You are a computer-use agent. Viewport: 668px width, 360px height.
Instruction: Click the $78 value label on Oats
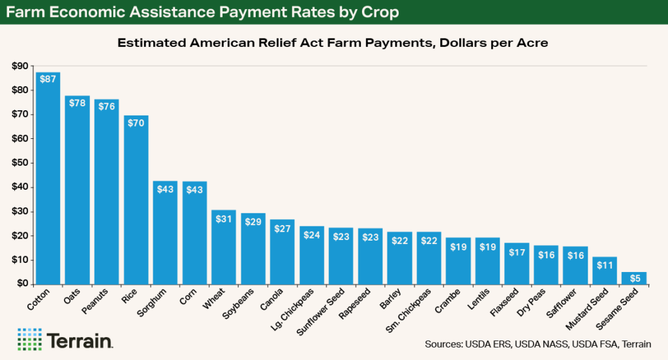[77, 102]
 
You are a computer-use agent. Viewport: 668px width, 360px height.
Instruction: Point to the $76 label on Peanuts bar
[106, 106]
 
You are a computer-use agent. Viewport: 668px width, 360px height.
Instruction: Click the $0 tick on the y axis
[22, 284]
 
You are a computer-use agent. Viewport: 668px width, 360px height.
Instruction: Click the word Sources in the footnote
[444, 344]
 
